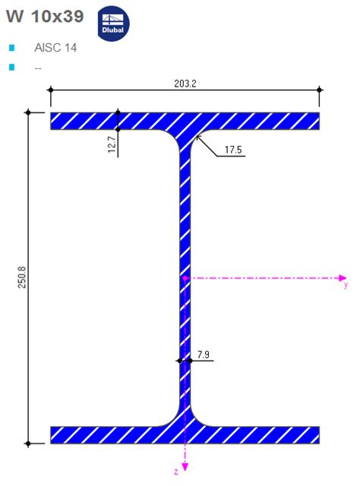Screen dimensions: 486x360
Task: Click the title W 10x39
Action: click(x=45, y=16)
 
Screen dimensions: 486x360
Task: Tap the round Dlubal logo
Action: click(x=114, y=23)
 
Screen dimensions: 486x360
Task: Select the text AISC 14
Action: click(x=55, y=48)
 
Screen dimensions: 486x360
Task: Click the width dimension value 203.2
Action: click(x=185, y=84)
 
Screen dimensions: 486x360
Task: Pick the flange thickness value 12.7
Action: click(x=112, y=145)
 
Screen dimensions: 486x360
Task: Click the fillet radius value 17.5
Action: click(x=234, y=150)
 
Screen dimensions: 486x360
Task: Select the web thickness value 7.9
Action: click(x=203, y=355)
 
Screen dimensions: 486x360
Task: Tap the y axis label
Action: click(x=346, y=286)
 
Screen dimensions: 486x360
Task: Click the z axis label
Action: click(x=175, y=472)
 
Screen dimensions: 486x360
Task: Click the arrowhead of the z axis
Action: click(x=185, y=469)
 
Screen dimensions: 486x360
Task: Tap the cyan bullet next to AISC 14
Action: click(x=11, y=48)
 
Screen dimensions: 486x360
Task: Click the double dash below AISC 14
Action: click(x=38, y=68)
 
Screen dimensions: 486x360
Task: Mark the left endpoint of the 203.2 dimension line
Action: click(x=51, y=90)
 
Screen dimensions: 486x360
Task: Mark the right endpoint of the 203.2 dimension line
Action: click(x=318, y=90)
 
